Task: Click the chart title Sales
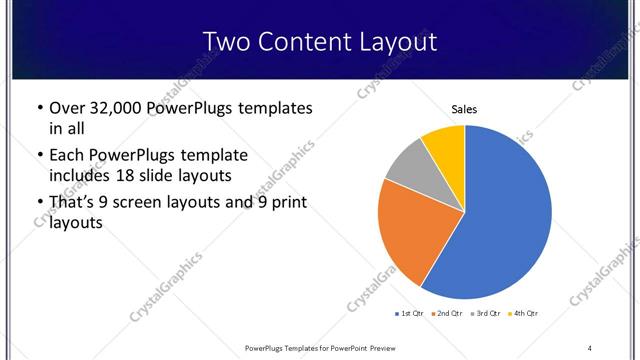pos(465,109)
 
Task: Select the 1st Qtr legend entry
pos(411,314)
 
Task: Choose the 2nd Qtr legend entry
pos(447,314)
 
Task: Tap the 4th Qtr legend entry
pos(524,314)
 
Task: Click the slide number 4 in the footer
pos(590,347)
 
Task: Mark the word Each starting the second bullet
pos(67,155)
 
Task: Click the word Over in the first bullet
pos(68,108)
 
